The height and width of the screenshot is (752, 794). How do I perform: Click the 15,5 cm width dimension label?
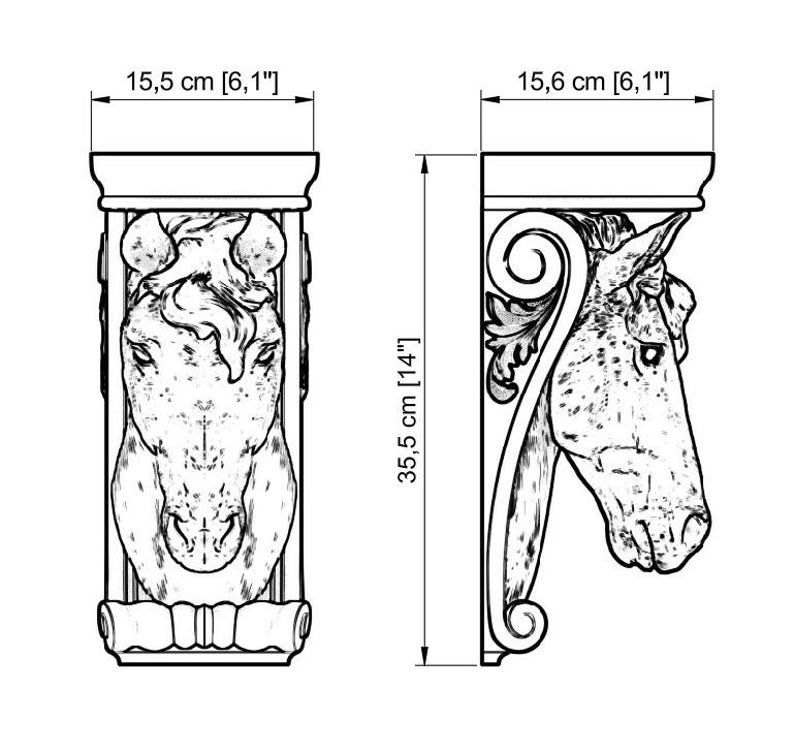(202, 82)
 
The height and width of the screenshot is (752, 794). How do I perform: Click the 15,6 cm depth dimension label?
(593, 82)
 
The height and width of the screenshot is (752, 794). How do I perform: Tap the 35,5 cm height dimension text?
(408, 410)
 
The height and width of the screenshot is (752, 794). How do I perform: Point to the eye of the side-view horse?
(650, 353)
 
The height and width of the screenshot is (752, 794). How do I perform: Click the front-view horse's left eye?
(141, 354)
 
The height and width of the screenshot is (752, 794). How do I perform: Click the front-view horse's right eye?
(265, 353)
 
